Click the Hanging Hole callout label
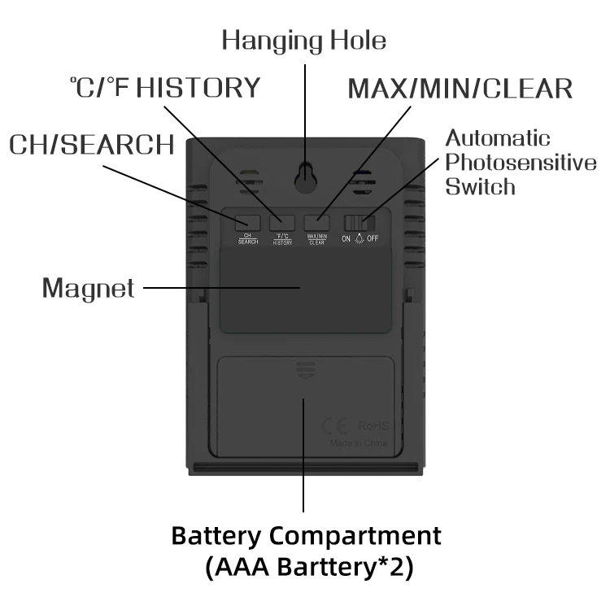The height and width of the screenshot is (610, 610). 304,39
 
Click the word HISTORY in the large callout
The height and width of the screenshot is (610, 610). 198,87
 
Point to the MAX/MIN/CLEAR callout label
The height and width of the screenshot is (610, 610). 460,89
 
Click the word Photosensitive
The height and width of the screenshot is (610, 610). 521,163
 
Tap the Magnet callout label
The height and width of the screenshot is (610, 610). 88,288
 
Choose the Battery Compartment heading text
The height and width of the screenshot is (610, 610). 306,537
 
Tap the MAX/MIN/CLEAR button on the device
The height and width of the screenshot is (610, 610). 316,222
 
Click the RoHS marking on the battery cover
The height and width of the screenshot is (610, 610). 374,426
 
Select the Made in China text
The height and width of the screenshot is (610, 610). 359,444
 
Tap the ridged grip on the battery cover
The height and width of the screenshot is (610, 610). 306,371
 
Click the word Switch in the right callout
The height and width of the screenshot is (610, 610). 480,186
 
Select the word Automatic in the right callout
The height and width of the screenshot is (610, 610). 497,138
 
